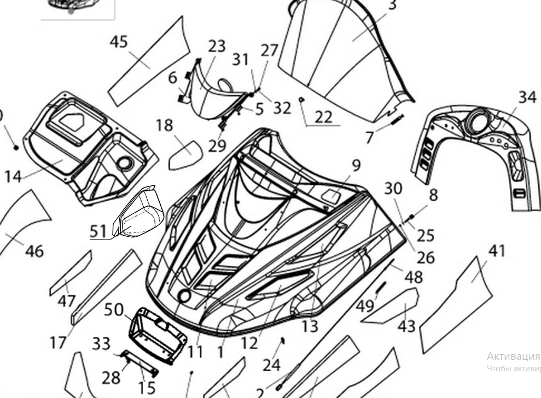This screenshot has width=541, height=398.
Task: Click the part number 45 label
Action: click(x=119, y=42)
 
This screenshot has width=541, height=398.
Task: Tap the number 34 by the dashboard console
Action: click(x=527, y=97)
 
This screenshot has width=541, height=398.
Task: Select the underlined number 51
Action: click(x=98, y=231)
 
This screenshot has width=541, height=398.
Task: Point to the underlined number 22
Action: click(x=323, y=116)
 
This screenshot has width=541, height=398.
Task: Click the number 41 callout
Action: click(x=497, y=251)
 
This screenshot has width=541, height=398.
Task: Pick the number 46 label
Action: click(x=34, y=251)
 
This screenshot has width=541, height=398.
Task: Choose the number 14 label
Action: click(x=13, y=177)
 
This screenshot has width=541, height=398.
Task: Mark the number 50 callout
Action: click(x=114, y=309)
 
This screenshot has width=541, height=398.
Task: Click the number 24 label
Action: click(x=271, y=363)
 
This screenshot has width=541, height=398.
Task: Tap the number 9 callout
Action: click(x=356, y=165)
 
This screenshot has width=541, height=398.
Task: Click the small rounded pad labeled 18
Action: click(x=185, y=154)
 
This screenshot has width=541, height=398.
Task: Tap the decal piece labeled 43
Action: click(x=393, y=306)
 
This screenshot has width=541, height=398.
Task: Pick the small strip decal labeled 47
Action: click(x=71, y=273)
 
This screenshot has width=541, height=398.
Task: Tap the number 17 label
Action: click(x=58, y=343)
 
